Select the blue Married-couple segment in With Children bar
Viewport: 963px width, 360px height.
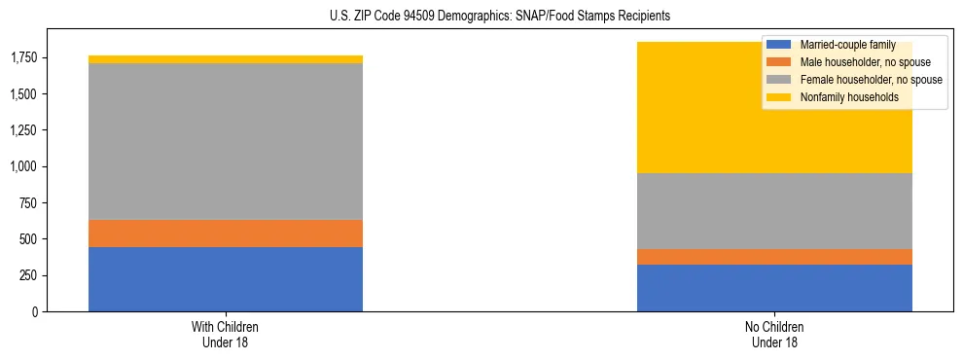pos(226,279)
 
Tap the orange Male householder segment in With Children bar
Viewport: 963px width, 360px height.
pos(226,234)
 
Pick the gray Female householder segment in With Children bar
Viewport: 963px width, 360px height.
pos(226,141)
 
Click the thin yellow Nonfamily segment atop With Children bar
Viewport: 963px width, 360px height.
pos(226,59)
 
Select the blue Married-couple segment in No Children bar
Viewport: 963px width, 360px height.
pos(774,288)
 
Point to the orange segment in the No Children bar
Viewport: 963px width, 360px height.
pos(774,257)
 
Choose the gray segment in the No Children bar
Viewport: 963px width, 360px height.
pos(774,211)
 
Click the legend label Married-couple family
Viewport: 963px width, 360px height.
pos(847,45)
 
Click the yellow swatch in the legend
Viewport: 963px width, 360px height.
pos(779,97)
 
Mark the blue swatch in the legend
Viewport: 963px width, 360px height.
pos(779,45)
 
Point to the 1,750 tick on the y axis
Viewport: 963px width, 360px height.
pos(23,58)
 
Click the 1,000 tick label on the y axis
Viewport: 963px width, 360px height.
pos(23,167)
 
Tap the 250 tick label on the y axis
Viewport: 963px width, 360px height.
pos(29,275)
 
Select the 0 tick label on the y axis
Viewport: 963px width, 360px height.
pos(36,312)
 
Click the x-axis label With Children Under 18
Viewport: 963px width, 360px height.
pos(226,335)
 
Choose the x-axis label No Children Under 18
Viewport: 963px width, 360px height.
pos(774,335)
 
